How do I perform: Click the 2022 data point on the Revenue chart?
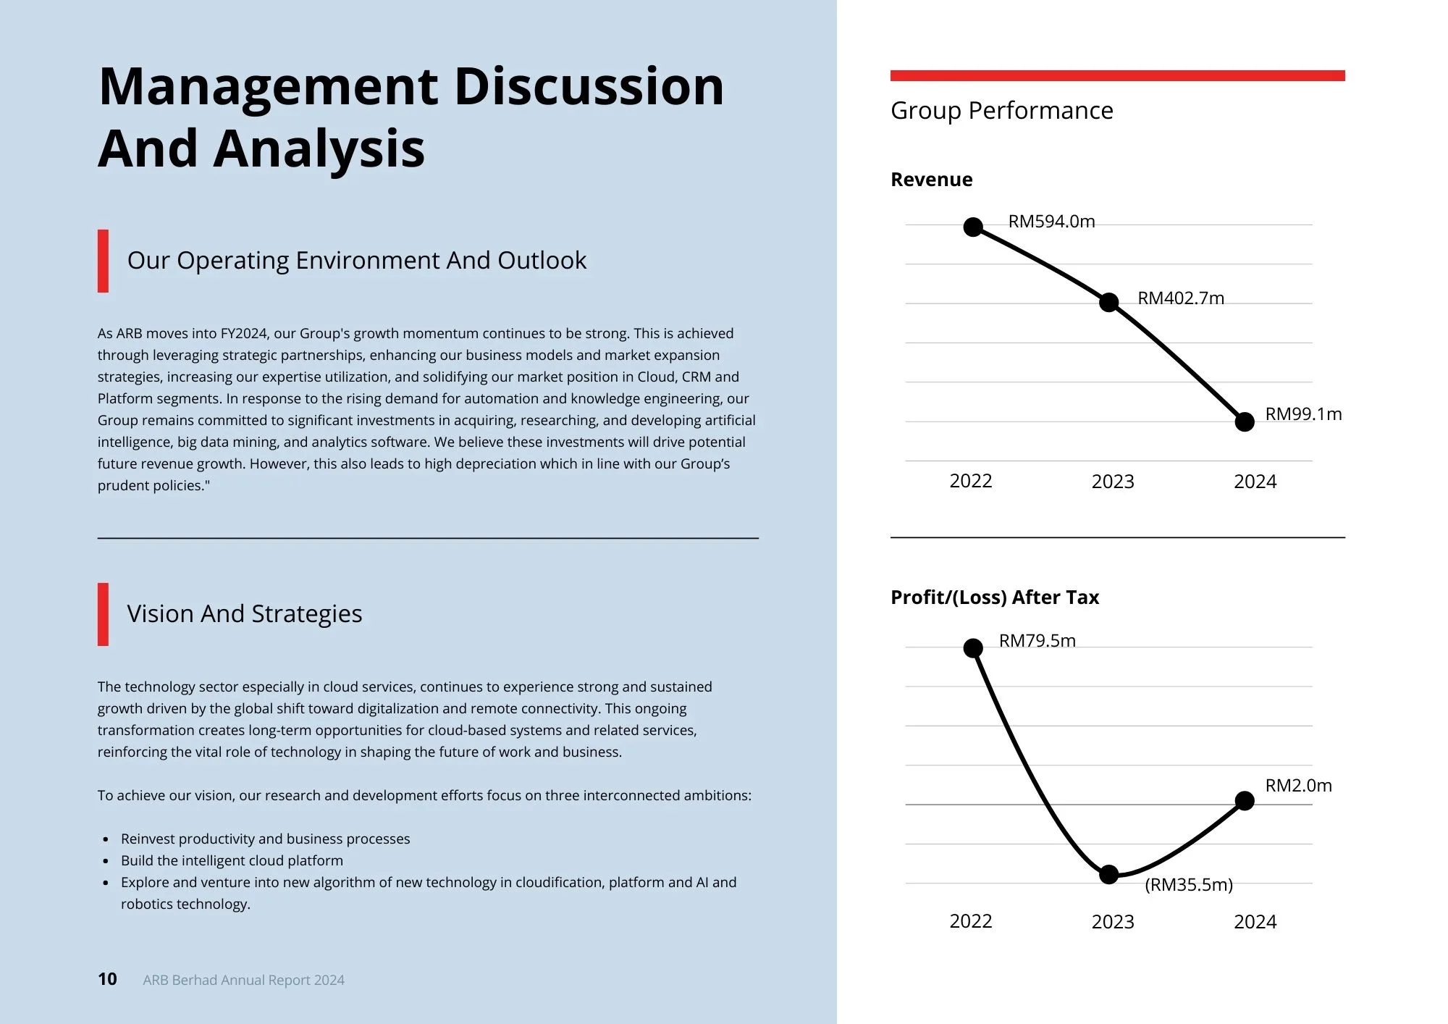[x=973, y=227]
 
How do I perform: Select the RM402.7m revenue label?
[x=1180, y=298]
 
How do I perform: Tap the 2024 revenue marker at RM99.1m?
[x=1244, y=421]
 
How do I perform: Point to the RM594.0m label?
[x=1051, y=222]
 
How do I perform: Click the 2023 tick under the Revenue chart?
[x=1113, y=482]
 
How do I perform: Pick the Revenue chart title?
[x=931, y=180]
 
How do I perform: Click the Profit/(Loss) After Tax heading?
[x=994, y=597]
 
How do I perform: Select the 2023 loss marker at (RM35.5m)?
[x=1108, y=875]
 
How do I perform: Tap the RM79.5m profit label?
[x=1037, y=641]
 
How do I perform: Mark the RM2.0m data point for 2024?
[x=1244, y=801]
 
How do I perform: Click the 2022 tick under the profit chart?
[x=970, y=921]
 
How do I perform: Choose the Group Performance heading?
[x=1001, y=111]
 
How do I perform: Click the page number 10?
[x=107, y=979]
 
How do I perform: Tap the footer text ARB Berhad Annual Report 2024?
[x=243, y=980]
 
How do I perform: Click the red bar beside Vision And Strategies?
[x=103, y=614]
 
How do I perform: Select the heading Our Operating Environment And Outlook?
[x=356, y=261]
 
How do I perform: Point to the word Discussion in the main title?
[x=588, y=87]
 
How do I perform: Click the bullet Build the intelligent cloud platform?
[x=232, y=860]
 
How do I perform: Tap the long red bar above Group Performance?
[x=1117, y=75]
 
